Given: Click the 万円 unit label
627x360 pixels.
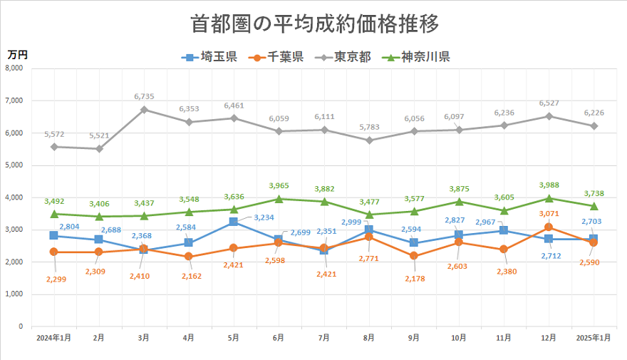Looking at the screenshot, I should (18, 54).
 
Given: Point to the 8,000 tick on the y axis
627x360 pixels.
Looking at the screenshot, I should (14, 68).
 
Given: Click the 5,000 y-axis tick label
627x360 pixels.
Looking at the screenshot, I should (14, 165).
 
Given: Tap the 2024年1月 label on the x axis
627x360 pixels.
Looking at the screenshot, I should (54, 338).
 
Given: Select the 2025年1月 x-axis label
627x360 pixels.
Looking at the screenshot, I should (593, 338).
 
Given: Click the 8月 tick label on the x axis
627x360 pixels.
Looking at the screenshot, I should (368, 338).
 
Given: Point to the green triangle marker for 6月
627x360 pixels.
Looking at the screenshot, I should (279, 199).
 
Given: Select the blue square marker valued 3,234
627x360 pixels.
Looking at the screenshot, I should (234, 222).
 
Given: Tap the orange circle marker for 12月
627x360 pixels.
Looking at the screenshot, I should (548, 227).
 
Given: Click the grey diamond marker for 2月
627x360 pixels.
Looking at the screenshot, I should (99, 148).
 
